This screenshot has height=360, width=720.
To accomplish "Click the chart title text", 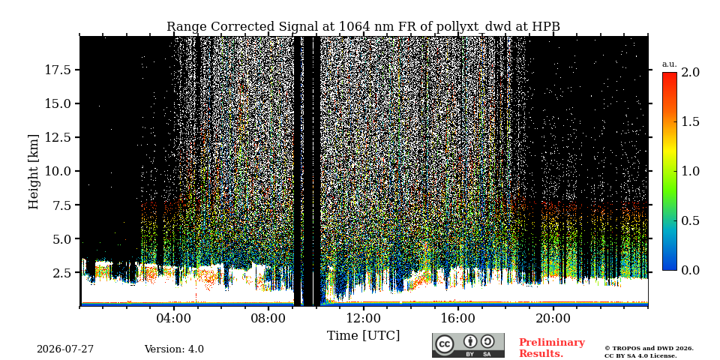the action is pyautogui.click(x=363, y=27).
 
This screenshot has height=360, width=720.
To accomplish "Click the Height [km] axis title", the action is pyautogui.click(x=34, y=172).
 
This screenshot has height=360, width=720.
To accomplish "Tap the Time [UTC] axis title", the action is pyautogui.click(x=363, y=336).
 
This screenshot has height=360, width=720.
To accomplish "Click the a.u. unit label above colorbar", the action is pyautogui.click(x=670, y=64).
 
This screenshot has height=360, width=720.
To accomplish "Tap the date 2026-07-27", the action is pyautogui.click(x=65, y=349).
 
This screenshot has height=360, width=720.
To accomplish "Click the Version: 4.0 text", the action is pyautogui.click(x=174, y=349).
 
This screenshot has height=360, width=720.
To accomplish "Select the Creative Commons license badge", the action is pyautogui.click(x=468, y=345).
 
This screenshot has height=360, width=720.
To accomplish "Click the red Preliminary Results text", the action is pyautogui.click(x=552, y=348).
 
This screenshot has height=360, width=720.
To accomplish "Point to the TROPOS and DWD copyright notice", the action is pyautogui.click(x=649, y=352).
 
